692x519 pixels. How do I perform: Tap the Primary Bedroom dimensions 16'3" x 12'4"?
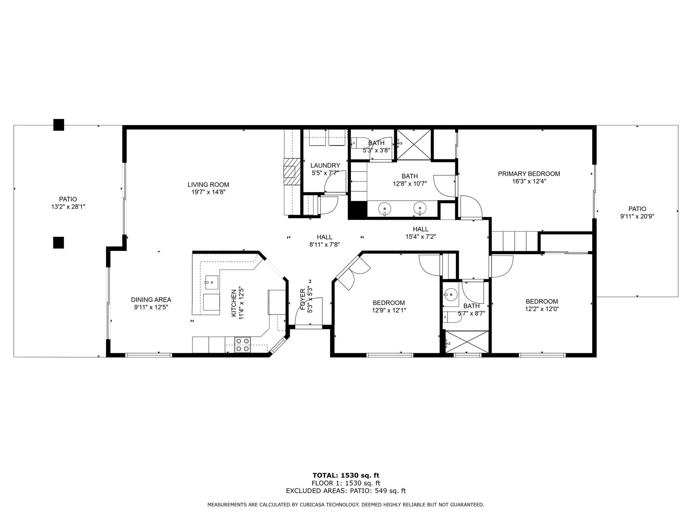pyautogui.click(x=529, y=182)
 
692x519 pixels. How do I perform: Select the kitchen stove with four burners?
pyautogui.click(x=243, y=345)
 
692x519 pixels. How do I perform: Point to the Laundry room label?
pyautogui.click(x=325, y=165)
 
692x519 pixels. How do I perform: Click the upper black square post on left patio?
pyautogui.click(x=59, y=125)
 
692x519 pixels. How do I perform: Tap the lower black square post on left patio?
pyautogui.click(x=59, y=243)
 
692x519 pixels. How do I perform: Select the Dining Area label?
pyautogui.click(x=151, y=300)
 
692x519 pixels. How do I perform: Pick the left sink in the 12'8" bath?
pyautogui.click(x=385, y=208)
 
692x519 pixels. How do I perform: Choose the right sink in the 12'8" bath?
pyautogui.click(x=420, y=208)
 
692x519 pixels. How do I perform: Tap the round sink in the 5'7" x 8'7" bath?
pyautogui.click(x=451, y=295)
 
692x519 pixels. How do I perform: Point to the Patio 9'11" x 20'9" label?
pyautogui.click(x=637, y=213)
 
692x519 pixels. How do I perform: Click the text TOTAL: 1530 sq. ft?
pyautogui.click(x=346, y=475)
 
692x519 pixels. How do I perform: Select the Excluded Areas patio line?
pyautogui.click(x=346, y=491)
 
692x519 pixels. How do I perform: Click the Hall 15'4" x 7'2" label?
pyautogui.click(x=421, y=233)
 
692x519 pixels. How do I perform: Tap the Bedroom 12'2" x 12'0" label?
pyautogui.click(x=542, y=305)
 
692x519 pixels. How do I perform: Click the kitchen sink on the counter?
pyautogui.click(x=211, y=283)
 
